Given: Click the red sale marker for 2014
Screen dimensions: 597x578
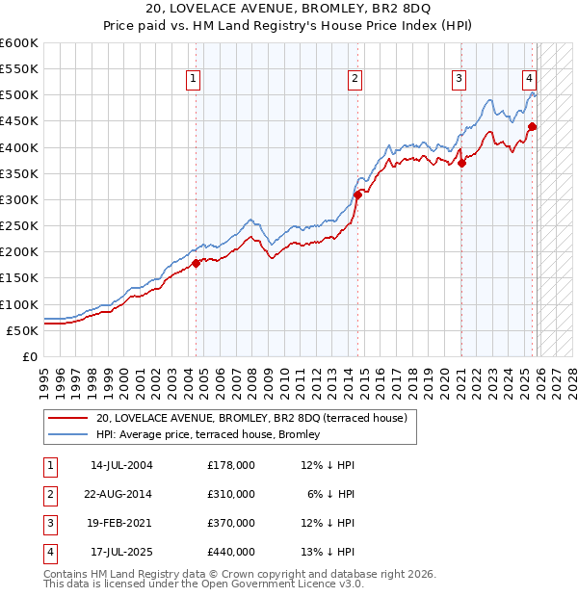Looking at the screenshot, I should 357,195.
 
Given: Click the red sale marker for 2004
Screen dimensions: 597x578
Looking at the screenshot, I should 196,262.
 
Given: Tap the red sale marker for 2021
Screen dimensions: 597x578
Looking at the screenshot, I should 461,163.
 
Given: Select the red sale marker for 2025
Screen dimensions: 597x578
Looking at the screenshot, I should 532,126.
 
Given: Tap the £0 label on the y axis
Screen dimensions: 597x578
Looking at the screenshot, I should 29,356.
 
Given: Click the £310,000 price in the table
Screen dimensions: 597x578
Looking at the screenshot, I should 231,494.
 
